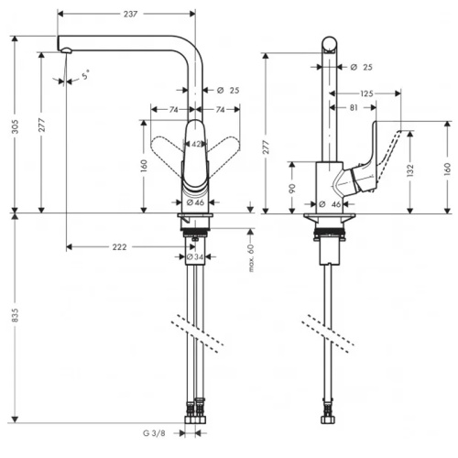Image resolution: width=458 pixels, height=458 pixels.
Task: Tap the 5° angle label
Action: click(x=85, y=77)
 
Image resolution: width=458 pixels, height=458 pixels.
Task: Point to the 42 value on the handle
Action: click(x=196, y=144)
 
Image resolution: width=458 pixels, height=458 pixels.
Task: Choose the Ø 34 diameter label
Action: click(x=194, y=256)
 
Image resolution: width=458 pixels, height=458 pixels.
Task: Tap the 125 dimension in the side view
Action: click(x=365, y=93)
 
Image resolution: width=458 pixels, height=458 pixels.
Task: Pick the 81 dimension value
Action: click(x=354, y=108)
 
